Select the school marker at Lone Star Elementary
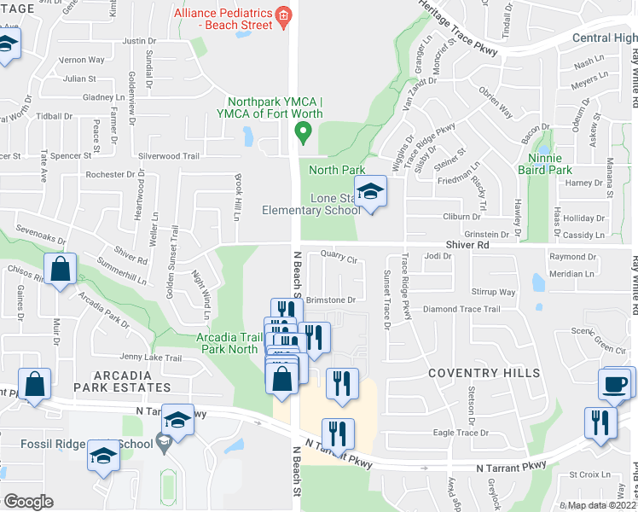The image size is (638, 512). [x=371, y=192]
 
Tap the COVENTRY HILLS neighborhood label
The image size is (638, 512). [x=484, y=373]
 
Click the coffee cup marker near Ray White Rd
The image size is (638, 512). [x=617, y=383]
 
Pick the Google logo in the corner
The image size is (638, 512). [x=29, y=501]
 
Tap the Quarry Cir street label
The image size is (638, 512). [x=339, y=253]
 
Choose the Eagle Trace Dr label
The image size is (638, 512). [x=461, y=433]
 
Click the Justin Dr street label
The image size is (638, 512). [x=140, y=40]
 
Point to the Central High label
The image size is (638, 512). [x=604, y=38]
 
